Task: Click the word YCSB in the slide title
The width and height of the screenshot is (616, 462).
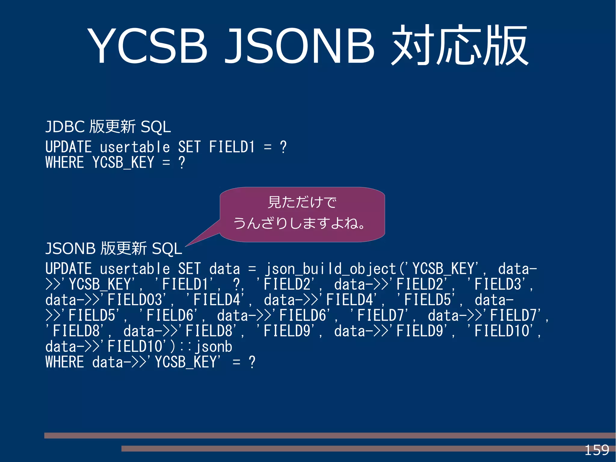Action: (x=147, y=46)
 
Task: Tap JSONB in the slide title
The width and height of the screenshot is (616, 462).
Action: (x=299, y=46)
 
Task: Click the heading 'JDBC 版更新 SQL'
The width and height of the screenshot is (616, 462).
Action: (x=108, y=126)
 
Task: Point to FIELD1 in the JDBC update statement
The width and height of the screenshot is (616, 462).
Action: (x=232, y=147)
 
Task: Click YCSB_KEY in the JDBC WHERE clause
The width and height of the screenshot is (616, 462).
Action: (x=123, y=163)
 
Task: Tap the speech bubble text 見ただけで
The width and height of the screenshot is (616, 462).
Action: (x=302, y=202)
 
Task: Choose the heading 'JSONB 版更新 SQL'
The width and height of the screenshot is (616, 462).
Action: (x=114, y=249)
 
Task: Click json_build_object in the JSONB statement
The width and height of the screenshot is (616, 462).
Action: (x=330, y=269)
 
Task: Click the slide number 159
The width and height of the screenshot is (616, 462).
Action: (x=596, y=450)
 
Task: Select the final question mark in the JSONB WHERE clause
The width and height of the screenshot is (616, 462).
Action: (x=252, y=362)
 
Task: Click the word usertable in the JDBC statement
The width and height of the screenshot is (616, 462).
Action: (x=135, y=147)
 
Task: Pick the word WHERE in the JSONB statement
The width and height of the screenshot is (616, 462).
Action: (x=65, y=362)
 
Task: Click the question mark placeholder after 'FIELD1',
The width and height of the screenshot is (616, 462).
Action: (x=237, y=284)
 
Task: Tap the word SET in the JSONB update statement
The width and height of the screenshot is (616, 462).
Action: (x=189, y=269)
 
